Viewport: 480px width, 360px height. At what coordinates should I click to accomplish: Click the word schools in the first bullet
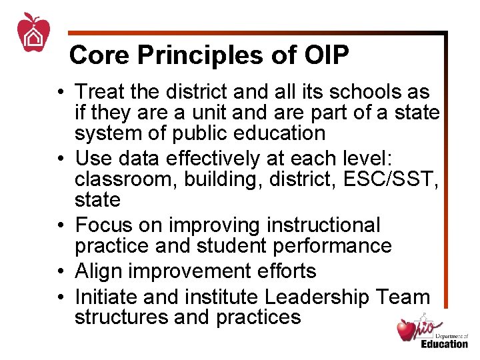coord(362,91)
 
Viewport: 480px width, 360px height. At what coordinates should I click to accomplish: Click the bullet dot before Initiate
coord(61,297)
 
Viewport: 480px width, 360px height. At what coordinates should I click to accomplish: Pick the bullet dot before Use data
coord(61,159)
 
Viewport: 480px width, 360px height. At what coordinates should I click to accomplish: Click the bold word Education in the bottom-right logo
coord(444,344)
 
